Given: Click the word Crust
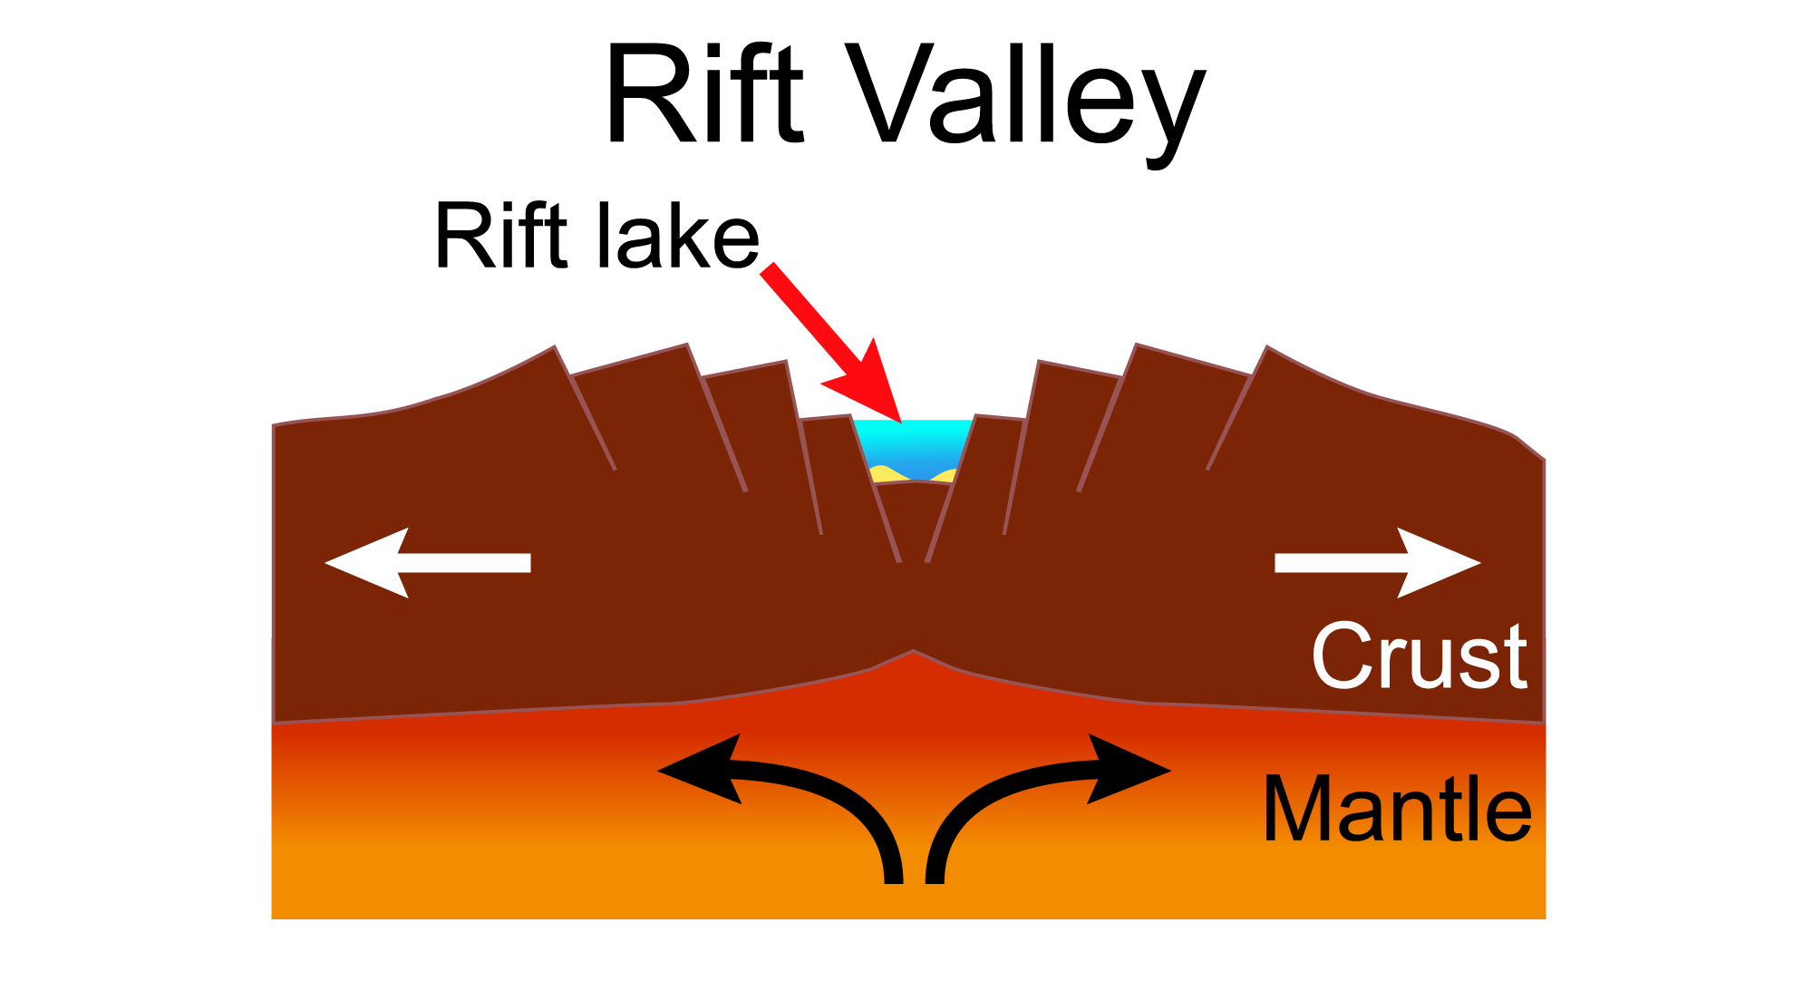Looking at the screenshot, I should (x=1419, y=656).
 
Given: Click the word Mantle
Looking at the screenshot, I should (x=1396, y=810).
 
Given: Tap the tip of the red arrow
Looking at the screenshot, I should (x=900, y=421).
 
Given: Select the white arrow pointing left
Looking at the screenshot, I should (x=426, y=563).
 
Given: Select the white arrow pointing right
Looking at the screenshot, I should (x=1378, y=563).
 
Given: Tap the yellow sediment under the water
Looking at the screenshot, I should (x=884, y=474).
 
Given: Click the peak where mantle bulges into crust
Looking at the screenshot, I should (x=913, y=652).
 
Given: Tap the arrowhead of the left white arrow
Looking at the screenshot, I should (x=363, y=563).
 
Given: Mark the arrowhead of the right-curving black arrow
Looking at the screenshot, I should (x=1133, y=770).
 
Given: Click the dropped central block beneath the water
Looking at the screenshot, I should (x=913, y=517).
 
